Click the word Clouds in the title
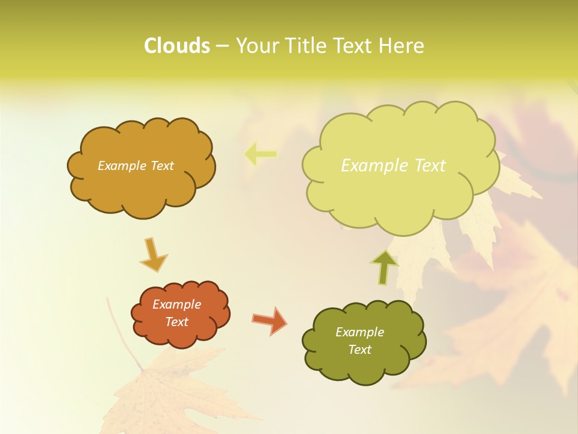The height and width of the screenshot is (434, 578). click(176, 46)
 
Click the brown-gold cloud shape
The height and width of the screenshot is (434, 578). click(141, 187)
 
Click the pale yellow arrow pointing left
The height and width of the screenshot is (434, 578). click(259, 154)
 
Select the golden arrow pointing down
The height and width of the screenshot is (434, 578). click(154, 256)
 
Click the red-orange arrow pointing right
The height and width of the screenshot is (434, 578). click(270, 320)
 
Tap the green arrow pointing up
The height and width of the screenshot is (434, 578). click(384, 266)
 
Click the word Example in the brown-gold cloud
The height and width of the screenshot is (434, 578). click(122, 166)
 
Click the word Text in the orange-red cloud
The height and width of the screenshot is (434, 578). click(177, 322)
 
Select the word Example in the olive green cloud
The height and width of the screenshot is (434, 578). click(359, 332)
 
